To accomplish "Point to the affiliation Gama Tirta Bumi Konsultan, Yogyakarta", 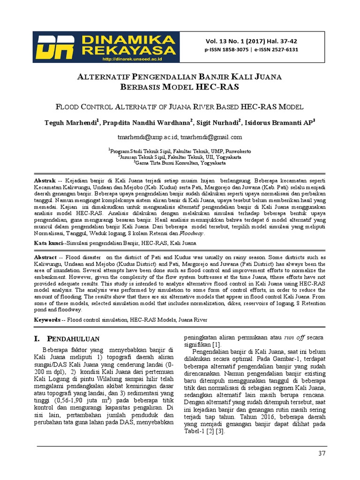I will (x=180, y=163).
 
